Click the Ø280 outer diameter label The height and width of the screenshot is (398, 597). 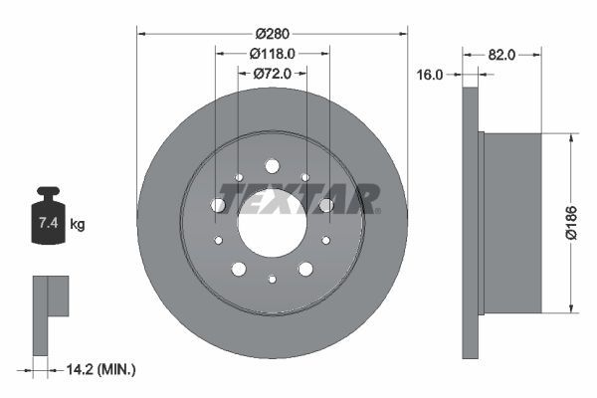click(x=272, y=33)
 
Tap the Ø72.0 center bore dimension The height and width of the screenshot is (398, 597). click(x=272, y=73)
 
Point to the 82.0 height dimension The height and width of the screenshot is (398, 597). click(x=501, y=55)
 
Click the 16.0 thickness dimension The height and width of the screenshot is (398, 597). click(x=430, y=74)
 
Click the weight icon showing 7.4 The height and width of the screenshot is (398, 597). click(x=48, y=217)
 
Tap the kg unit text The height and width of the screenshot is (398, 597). click(x=78, y=225)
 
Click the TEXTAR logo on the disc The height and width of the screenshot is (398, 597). click(x=299, y=199)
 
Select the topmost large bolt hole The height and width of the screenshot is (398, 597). click(x=272, y=166)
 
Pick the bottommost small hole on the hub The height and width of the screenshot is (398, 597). click(x=272, y=280)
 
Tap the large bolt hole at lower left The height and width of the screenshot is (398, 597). click(x=238, y=269)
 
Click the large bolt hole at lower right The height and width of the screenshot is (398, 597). click(x=305, y=269)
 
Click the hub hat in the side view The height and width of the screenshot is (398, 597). click(x=510, y=224)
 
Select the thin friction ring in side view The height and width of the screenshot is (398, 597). click(x=470, y=224)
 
